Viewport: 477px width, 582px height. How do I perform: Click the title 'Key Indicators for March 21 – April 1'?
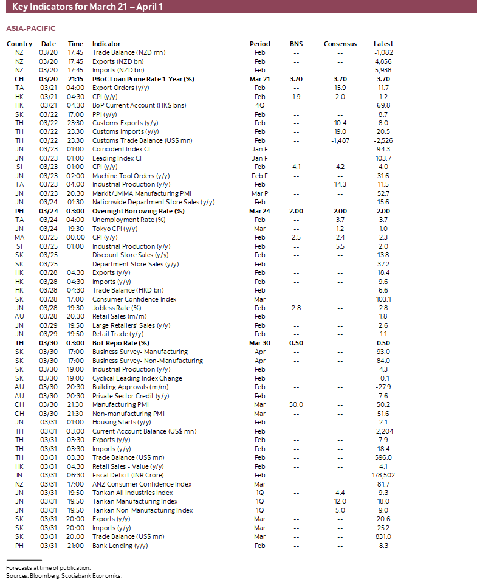(x=88, y=7)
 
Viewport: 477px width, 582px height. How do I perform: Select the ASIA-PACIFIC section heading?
(x=31, y=29)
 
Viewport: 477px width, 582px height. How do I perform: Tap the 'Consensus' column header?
(x=340, y=44)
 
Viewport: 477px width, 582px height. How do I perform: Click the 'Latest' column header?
(x=383, y=44)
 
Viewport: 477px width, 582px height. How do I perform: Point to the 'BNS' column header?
(x=296, y=44)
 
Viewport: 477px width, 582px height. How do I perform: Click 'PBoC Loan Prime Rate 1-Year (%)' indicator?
(x=143, y=79)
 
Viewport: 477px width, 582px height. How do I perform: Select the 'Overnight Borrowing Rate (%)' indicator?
(x=138, y=211)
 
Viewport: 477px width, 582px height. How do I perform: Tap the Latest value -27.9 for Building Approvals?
(x=383, y=387)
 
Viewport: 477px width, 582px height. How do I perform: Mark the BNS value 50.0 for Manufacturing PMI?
(x=296, y=404)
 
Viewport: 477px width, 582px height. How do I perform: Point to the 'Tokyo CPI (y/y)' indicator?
(x=115, y=229)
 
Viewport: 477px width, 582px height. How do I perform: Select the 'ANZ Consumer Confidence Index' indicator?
(x=142, y=484)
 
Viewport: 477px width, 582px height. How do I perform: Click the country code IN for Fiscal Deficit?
(x=19, y=475)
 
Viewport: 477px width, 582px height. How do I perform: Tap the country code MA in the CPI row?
(x=19, y=237)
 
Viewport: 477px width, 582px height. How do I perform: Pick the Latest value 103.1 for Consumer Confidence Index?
(x=383, y=299)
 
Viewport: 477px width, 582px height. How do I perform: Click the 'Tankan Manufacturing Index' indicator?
(x=135, y=501)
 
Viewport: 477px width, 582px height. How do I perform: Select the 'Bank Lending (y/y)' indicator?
(x=120, y=546)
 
